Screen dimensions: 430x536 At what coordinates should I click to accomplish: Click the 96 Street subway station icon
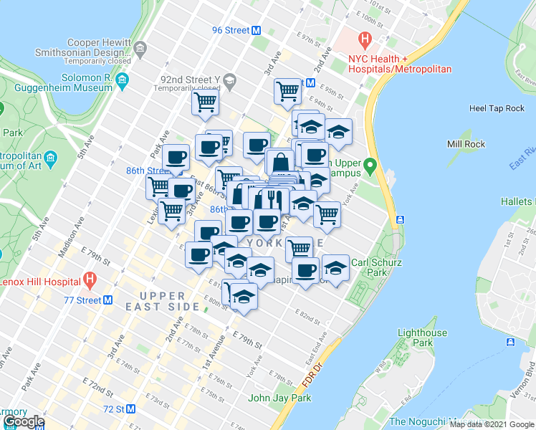[x=256, y=30]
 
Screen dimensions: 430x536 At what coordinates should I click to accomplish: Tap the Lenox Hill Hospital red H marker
[x=90, y=278]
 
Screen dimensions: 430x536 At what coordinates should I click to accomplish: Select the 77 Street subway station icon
[x=107, y=300]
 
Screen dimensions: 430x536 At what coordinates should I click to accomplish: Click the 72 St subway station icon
[x=131, y=409]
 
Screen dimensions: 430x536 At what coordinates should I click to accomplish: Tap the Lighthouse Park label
[x=422, y=338]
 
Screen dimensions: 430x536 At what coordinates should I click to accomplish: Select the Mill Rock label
[x=466, y=144]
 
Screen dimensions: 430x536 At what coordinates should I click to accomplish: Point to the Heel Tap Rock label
[x=497, y=108]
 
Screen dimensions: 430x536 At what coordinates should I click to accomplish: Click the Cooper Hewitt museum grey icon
[x=140, y=49]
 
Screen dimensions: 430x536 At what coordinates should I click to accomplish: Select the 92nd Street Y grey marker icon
[x=229, y=80]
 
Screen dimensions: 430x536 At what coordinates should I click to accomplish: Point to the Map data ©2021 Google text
[x=492, y=424]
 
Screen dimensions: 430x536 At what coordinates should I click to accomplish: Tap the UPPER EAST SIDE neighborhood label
[x=169, y=301]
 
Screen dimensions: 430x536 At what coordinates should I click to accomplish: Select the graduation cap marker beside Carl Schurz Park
[x=335, y=268]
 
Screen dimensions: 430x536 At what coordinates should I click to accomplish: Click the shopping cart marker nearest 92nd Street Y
[x=205, y=102]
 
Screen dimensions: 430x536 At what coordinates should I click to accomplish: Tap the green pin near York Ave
[x=370, y=167]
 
